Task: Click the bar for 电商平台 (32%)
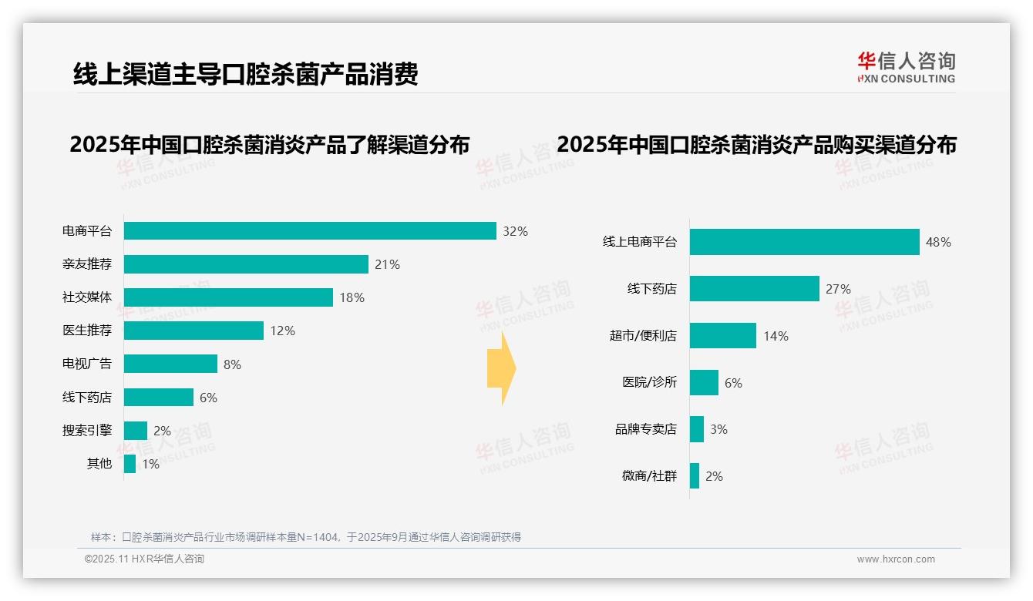click(x=310, y=231)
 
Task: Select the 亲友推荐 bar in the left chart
click(x=246, y=264)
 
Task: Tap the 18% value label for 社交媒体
click(x=352, y=297)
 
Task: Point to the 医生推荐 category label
click(x=87, y=331)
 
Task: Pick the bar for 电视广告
click(x=170, y=364)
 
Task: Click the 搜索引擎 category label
click(x=87, y=430)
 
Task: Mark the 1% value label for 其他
click(x=150, y=464)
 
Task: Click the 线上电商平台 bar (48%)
click(x=804, y=242)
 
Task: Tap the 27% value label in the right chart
click(x=838, y=289)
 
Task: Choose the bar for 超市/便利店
click(x=723, y=336)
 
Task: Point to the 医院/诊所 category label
click(x=649, y=382)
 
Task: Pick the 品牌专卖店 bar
click(x=697, y=429)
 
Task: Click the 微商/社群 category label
click(x=649, y=476)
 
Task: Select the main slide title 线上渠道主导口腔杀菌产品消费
click(x=245, y=74)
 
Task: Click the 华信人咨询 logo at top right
click(x=906, y=68)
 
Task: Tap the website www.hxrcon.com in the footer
click(x=896, y=559)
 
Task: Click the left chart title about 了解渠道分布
click(x=269, y=145)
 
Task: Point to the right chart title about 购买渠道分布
click(x=756, y=145)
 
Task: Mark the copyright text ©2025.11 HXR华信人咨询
click(x=144, y=559)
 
